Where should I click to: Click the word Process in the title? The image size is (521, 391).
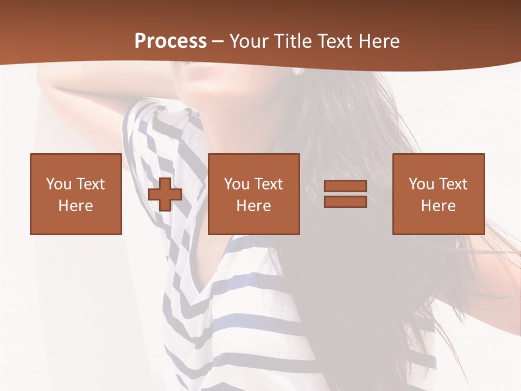(x=170, y=41)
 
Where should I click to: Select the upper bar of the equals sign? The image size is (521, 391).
(x=345, y=186)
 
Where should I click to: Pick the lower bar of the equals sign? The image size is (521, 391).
(x=345, y=202)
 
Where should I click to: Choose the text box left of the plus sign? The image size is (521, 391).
(x=76, y=194)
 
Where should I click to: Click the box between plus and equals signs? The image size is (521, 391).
(x=254, y=194)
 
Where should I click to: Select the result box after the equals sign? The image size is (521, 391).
(x=439, y=194)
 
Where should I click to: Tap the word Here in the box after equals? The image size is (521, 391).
(x=439, y=206)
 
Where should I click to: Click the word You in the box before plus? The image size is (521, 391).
(x=58, y=184)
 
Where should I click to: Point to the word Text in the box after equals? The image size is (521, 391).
(x=453, y=184)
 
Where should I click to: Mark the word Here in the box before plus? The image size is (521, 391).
(x=76, y=206)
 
